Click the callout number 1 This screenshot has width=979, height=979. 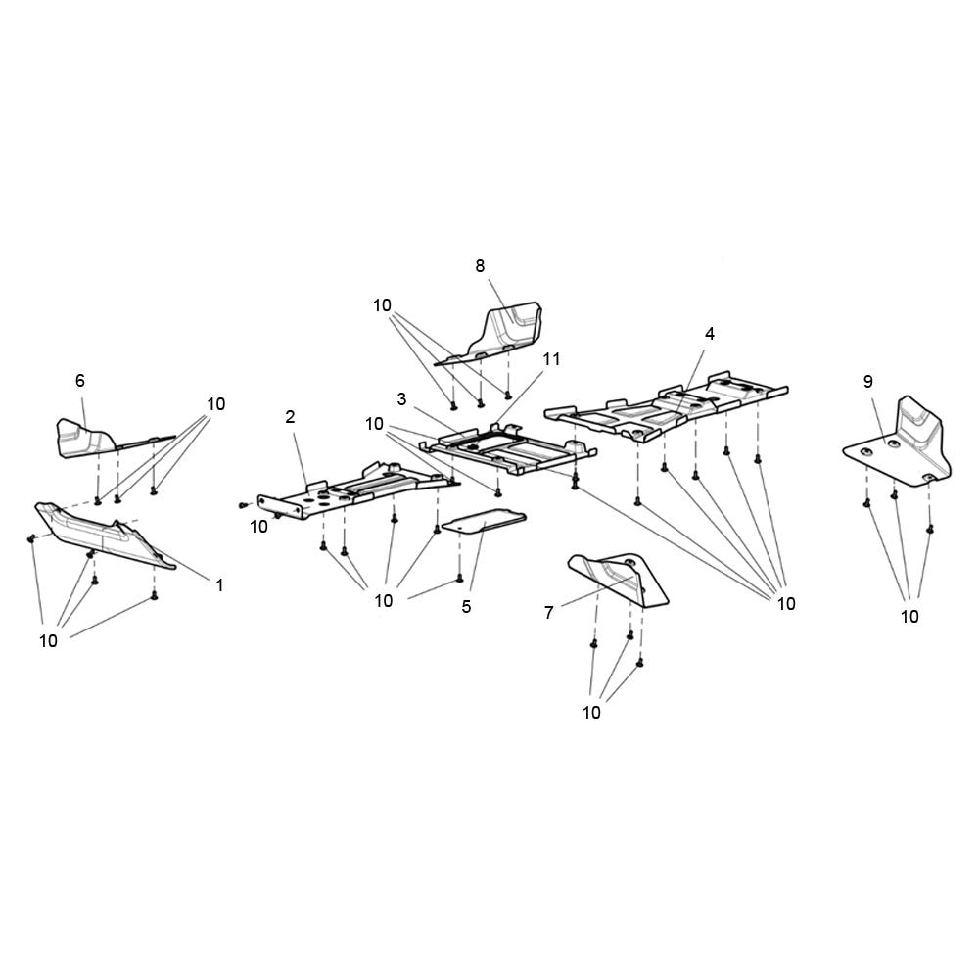click(x=219, y=585)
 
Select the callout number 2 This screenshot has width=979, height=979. click(x=290, y=416)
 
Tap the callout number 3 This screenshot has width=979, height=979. click(x=401, y=398)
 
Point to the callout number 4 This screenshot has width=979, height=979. click(x=709, y=334)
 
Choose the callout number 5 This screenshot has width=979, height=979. click(x=466, y=606)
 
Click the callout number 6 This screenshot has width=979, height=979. click(x=80, y=380)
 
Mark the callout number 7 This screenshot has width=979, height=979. click(x=549, y=613)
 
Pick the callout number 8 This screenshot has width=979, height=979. click(x=480, y=266)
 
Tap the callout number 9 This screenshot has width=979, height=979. click(x=867, y=381)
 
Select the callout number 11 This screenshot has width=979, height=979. click(x=551, y=359)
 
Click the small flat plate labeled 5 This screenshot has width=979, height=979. click(x=484, y=521)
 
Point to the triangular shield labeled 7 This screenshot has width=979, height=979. click(x=618, y=579)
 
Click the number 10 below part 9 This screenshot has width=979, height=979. click(x=909, y=616)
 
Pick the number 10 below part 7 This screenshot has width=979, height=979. click(x=591, y=712)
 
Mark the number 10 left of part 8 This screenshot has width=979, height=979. click(x=382, y=305)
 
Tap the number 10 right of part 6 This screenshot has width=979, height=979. click(x=216, y=404)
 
